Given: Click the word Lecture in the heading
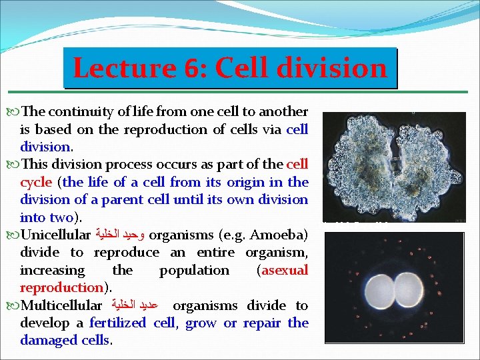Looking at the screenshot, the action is point(125,68).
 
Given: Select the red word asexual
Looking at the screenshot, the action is point(285,270).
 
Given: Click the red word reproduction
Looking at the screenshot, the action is point(62,288).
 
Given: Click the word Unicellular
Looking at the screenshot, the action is point(55,235).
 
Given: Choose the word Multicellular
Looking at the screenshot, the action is point(61,305).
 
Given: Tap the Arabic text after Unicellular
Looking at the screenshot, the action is point(120,235).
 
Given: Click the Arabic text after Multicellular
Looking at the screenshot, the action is point(135,305).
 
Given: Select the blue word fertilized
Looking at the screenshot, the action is point(118,323).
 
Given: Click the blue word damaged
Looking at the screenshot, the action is point(49,341).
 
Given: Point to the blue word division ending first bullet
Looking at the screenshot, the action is point(45,147).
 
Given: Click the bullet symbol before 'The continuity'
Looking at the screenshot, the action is point(13,112).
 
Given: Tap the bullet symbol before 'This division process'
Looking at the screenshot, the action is point(13,165).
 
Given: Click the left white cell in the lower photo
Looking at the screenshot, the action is point(379,290).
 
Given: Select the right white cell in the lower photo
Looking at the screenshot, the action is point(409,290).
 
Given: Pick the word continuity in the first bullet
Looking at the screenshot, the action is point(81,112).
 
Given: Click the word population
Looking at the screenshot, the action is point(195,271).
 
